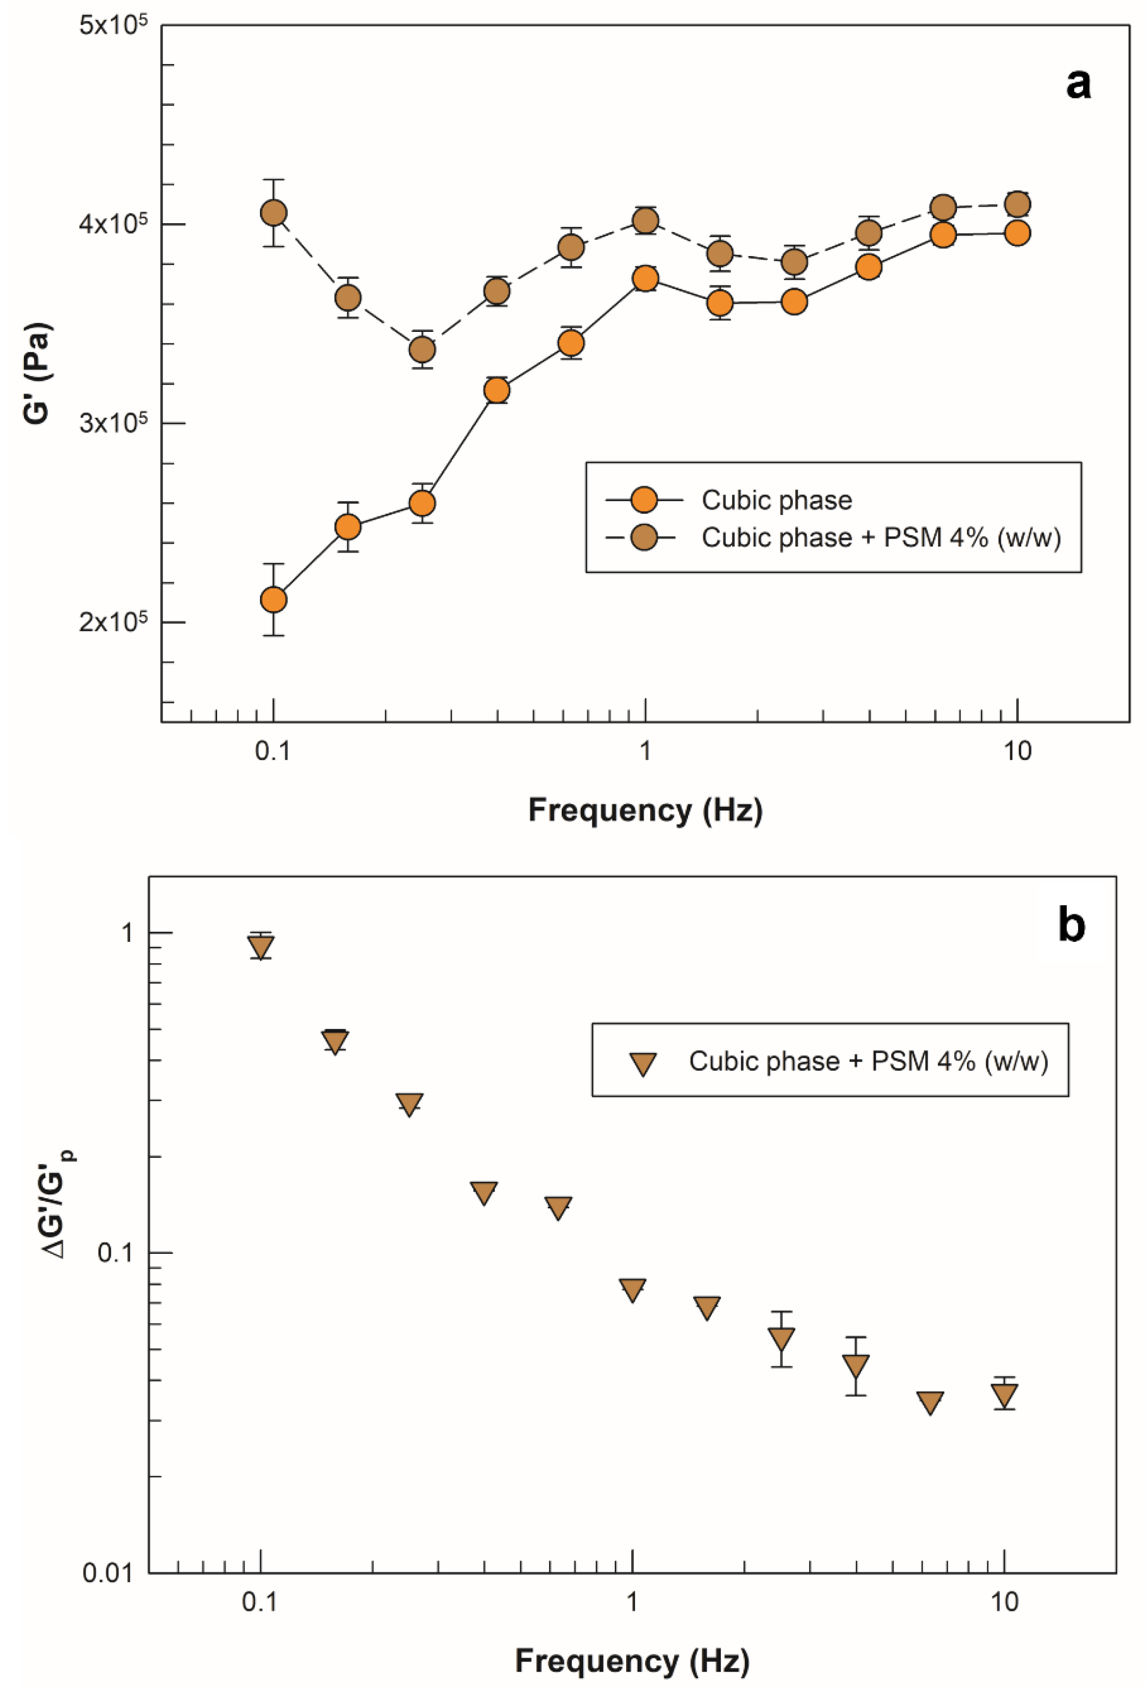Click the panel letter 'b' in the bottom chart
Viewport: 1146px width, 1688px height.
[x=1071, y=926]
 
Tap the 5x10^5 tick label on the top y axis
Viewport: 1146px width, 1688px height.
[x=113, y=27]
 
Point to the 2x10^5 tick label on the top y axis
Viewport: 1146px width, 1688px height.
[x=113, y=623]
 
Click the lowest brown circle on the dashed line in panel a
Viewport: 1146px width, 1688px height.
[x=422, y=350]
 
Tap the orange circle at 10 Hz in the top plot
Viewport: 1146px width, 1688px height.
[x=1017, y=233]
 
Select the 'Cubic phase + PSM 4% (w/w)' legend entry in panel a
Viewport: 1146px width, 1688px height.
[x=880, y=538]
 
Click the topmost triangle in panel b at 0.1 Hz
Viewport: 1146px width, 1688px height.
[x=261, y=946]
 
